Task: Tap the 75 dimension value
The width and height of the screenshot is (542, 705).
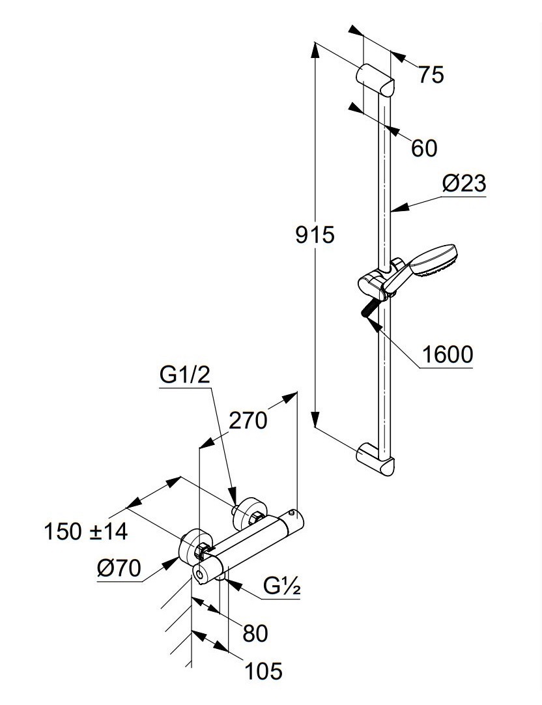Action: coord(431,76)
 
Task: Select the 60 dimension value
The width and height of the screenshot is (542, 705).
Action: coord(424,149)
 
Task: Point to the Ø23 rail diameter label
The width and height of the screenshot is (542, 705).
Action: coord(464,184)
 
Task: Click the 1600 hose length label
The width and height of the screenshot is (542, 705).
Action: coord(447,355)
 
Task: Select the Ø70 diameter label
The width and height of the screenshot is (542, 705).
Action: coord(119,568)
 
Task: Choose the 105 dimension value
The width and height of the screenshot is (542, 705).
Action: coord(264,670)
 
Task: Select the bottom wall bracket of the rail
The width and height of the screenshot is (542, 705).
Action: coord(376,459)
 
